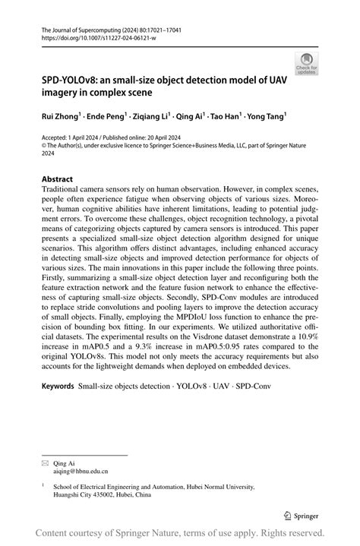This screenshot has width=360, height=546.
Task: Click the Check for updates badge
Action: pos(306,63)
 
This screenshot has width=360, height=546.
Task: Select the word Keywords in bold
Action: pos(58,387)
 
